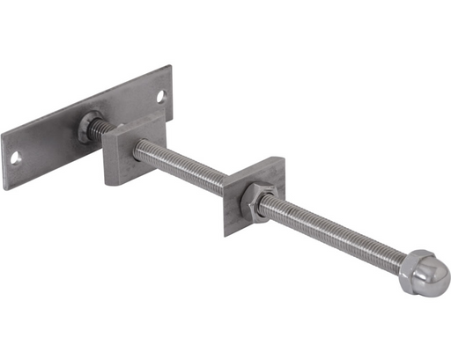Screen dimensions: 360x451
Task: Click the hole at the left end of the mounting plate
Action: click(x=16, y=158)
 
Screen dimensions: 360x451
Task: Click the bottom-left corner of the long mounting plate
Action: click(x=6, y=189)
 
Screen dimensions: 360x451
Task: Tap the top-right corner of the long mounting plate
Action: click(x=168, y=66)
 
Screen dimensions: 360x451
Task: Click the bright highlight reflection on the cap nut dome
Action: click(x=429, y=264)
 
